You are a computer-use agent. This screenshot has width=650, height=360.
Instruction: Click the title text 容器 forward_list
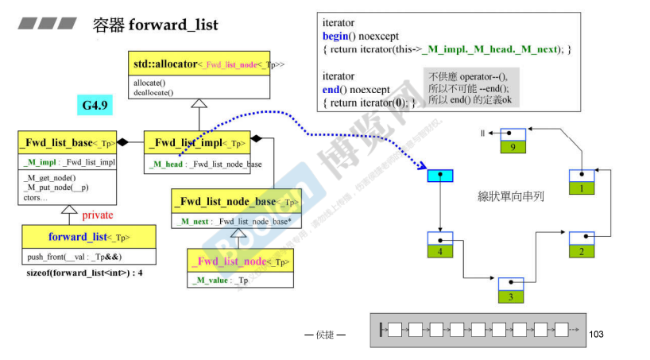pyautogui.click(x=155, y=25)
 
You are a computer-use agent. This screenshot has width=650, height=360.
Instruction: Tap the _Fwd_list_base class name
pyautogui.click(x=67, y=143)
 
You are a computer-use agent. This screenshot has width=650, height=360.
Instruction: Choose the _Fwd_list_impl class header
pyautogui.click(x=197, y=143)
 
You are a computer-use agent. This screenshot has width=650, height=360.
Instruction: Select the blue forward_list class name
pyautogui.click(x=88, y=237)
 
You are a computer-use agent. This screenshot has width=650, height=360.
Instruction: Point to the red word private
pyautogui.click(x=99, y=215)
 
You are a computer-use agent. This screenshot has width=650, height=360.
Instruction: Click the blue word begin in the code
pyautogui.click(x=335, y=36)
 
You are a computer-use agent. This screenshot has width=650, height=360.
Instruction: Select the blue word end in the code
pyautogui.click(x=331, y=89)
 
